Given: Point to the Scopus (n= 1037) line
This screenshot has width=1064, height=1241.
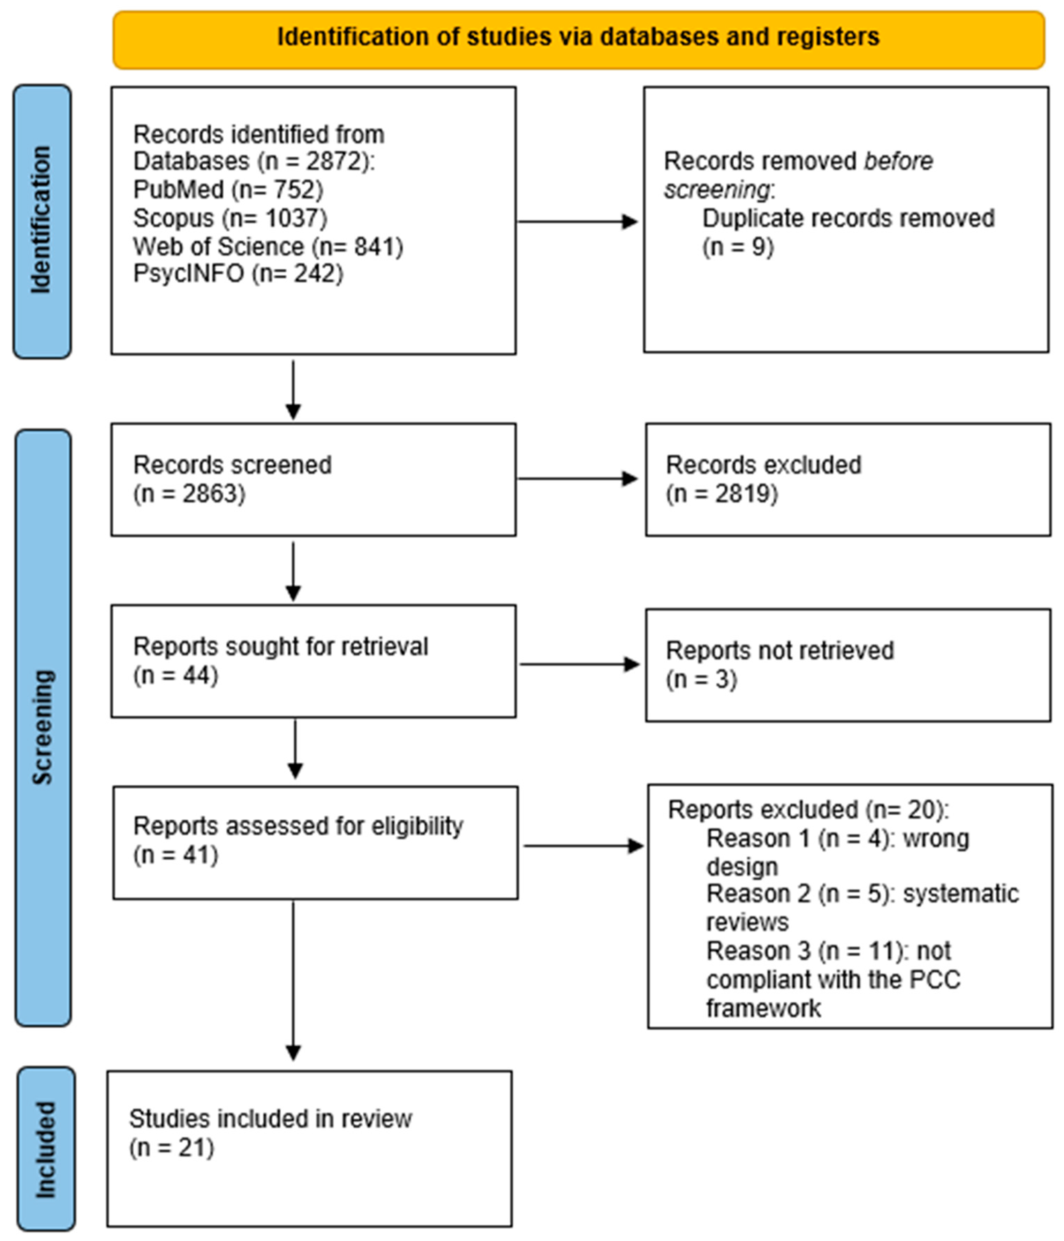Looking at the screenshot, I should click(x=230, y=218).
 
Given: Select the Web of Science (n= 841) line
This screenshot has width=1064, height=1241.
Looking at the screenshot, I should click(x=267, y=246).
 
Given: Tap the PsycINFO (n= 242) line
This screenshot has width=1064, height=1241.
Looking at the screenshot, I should click(x=238, y=274).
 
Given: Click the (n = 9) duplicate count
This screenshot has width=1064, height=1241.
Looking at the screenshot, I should click(x=738, y=246).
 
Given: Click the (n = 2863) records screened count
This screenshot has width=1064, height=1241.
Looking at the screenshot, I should click(x=189, y=494).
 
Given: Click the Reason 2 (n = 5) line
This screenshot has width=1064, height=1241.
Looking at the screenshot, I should click(x=862, y=894).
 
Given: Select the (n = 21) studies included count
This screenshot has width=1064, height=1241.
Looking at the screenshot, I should click(x=171, y=1147).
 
